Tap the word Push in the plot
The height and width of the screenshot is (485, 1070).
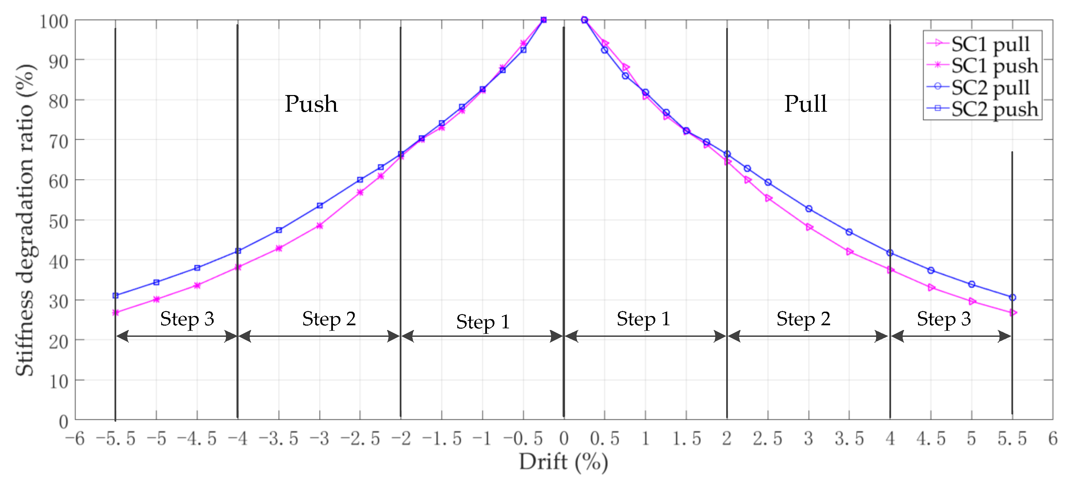click(311, 104)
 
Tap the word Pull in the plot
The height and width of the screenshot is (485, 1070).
click(805, 104)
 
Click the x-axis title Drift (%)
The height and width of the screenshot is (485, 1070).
click(563, 462)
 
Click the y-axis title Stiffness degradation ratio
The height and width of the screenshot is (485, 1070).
click(25, 220)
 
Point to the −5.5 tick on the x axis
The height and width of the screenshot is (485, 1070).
click(116, 438)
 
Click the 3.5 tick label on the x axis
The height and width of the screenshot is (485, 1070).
click(849, 438)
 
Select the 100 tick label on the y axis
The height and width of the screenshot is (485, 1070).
click(54, 21)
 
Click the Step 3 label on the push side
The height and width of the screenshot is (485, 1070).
click(187, 319)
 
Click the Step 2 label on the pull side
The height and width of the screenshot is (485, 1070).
click(803, 319)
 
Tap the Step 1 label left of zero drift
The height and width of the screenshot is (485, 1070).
click(483, 322)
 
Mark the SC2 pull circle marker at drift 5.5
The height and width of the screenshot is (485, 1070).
click(1012, 297)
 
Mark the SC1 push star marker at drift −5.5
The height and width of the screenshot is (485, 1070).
click(116, 312)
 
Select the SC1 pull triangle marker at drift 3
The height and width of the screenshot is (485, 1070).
click(809, 227)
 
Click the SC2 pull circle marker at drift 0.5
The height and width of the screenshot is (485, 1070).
click(605, 50)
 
